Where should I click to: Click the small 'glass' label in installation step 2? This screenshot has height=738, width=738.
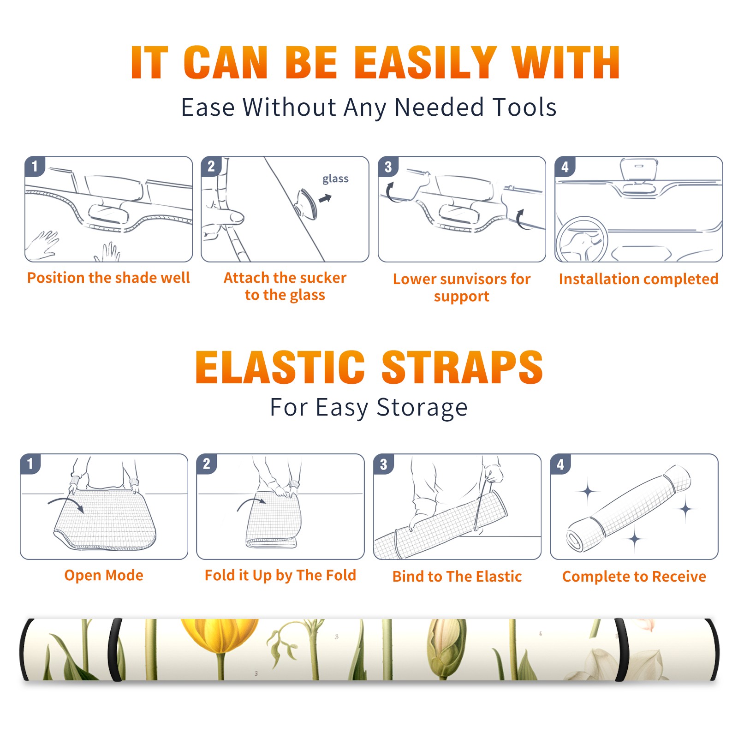(335, 179)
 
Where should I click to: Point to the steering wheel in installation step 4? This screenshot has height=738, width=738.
(582, 240)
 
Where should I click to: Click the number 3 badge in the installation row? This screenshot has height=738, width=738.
(388, 167)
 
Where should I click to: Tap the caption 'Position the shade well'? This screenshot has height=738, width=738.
(108, 278)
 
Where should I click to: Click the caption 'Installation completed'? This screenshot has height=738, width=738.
(638, 279)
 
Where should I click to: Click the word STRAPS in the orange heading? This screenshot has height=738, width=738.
(462, 367)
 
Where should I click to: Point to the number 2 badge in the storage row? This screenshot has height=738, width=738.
(207, 464)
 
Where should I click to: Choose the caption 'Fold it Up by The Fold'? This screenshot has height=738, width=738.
(280, 576)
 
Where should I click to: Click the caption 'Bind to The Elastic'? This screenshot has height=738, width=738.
(457, 577)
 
